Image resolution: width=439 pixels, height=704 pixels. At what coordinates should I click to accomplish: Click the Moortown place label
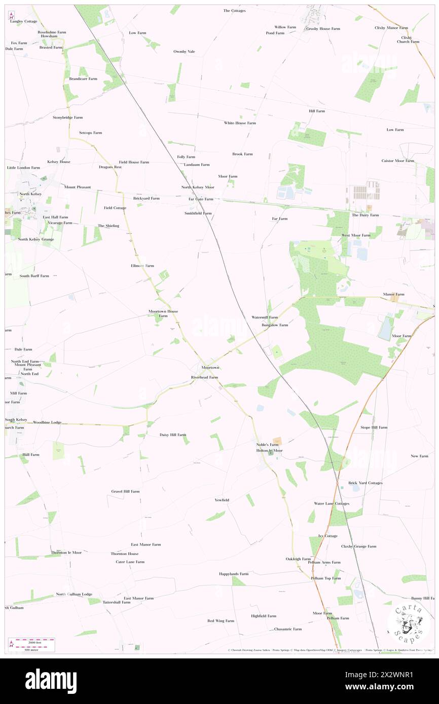point(210,367)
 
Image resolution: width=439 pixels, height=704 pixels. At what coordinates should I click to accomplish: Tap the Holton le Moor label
point(269,450)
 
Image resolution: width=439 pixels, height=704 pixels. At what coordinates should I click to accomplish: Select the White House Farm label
point(240,123)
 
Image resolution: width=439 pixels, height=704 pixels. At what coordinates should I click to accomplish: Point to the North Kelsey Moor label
point(198,187)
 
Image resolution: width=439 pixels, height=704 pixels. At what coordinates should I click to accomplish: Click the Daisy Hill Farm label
point(173,435)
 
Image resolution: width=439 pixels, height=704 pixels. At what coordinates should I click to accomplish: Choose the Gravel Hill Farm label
point(125,491)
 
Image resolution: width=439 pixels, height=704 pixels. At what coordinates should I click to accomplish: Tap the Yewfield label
point(222,500)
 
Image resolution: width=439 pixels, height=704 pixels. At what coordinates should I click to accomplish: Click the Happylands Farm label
point(234,574)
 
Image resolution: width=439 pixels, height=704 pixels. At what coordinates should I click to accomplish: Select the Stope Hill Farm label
point(374,427)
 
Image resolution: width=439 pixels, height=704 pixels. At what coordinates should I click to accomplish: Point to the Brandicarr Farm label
point(83,79)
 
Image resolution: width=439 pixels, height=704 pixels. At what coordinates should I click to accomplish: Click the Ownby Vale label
point(184,51)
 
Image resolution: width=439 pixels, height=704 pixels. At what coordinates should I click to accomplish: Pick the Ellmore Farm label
point(142,265)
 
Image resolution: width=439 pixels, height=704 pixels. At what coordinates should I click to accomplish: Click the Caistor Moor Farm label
point(398,161)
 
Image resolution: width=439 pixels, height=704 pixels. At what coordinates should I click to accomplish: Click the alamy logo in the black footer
point(51,681)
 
